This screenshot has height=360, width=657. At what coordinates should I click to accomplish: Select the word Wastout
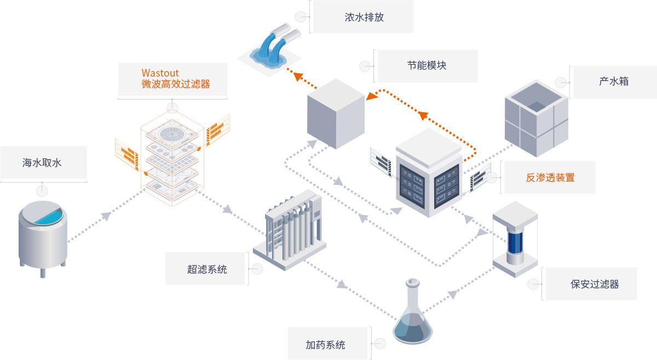click(160, 73)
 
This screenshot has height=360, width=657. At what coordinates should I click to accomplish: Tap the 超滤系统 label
click(207, 269)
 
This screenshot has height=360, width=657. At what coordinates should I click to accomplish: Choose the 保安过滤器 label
click(594, 284)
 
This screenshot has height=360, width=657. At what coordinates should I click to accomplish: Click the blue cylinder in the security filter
click(515, 241)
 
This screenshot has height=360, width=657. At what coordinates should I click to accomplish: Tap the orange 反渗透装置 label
click(550, 177)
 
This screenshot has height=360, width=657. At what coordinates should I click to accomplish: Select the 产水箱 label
click(613, 82)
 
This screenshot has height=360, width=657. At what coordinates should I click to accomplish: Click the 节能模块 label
click(427, 66)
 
